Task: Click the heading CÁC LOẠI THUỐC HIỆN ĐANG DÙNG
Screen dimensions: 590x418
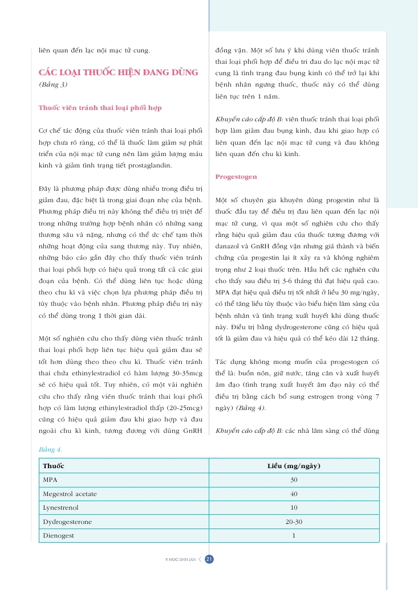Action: pyautogui.click(x=118, y=72)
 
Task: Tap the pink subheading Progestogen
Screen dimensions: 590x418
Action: pyautogui.click(x=236, y=177)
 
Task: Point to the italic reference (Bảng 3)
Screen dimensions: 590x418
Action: pyautogui.click(x=53, y=84)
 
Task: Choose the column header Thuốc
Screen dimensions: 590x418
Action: pyautogui.click(x=53, y=466)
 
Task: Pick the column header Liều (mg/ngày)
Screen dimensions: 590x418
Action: pyautogui.click(x=294, y=466)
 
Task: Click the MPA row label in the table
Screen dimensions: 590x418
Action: pyautogui.click(x=50, y=480)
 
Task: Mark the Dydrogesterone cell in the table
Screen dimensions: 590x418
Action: pyautogui.click(x=67, y=522)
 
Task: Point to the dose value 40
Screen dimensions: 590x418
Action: pyautogui.click(x=294, y=494)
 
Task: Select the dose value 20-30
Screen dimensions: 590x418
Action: pyautogui.click(x=294, y=522)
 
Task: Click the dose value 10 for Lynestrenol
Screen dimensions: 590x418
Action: pyautogui.click(x=294, y=507)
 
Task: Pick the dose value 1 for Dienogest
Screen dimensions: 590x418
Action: pyautogui.click(x=294, y=535)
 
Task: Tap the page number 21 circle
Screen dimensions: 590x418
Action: pyautogui.click(x=209, y=559)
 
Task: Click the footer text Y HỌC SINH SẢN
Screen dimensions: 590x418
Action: pyautogui.click(x=180, y=560)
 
